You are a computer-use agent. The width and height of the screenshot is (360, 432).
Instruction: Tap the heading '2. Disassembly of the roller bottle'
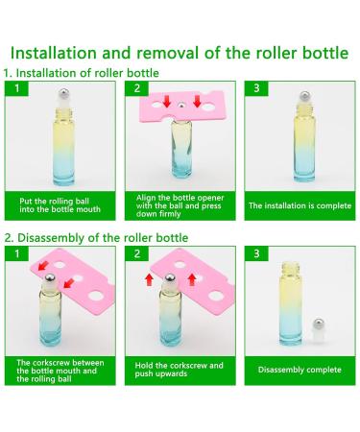(96, 237)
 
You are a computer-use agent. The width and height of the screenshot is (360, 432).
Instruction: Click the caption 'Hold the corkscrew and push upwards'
(179, 368)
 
